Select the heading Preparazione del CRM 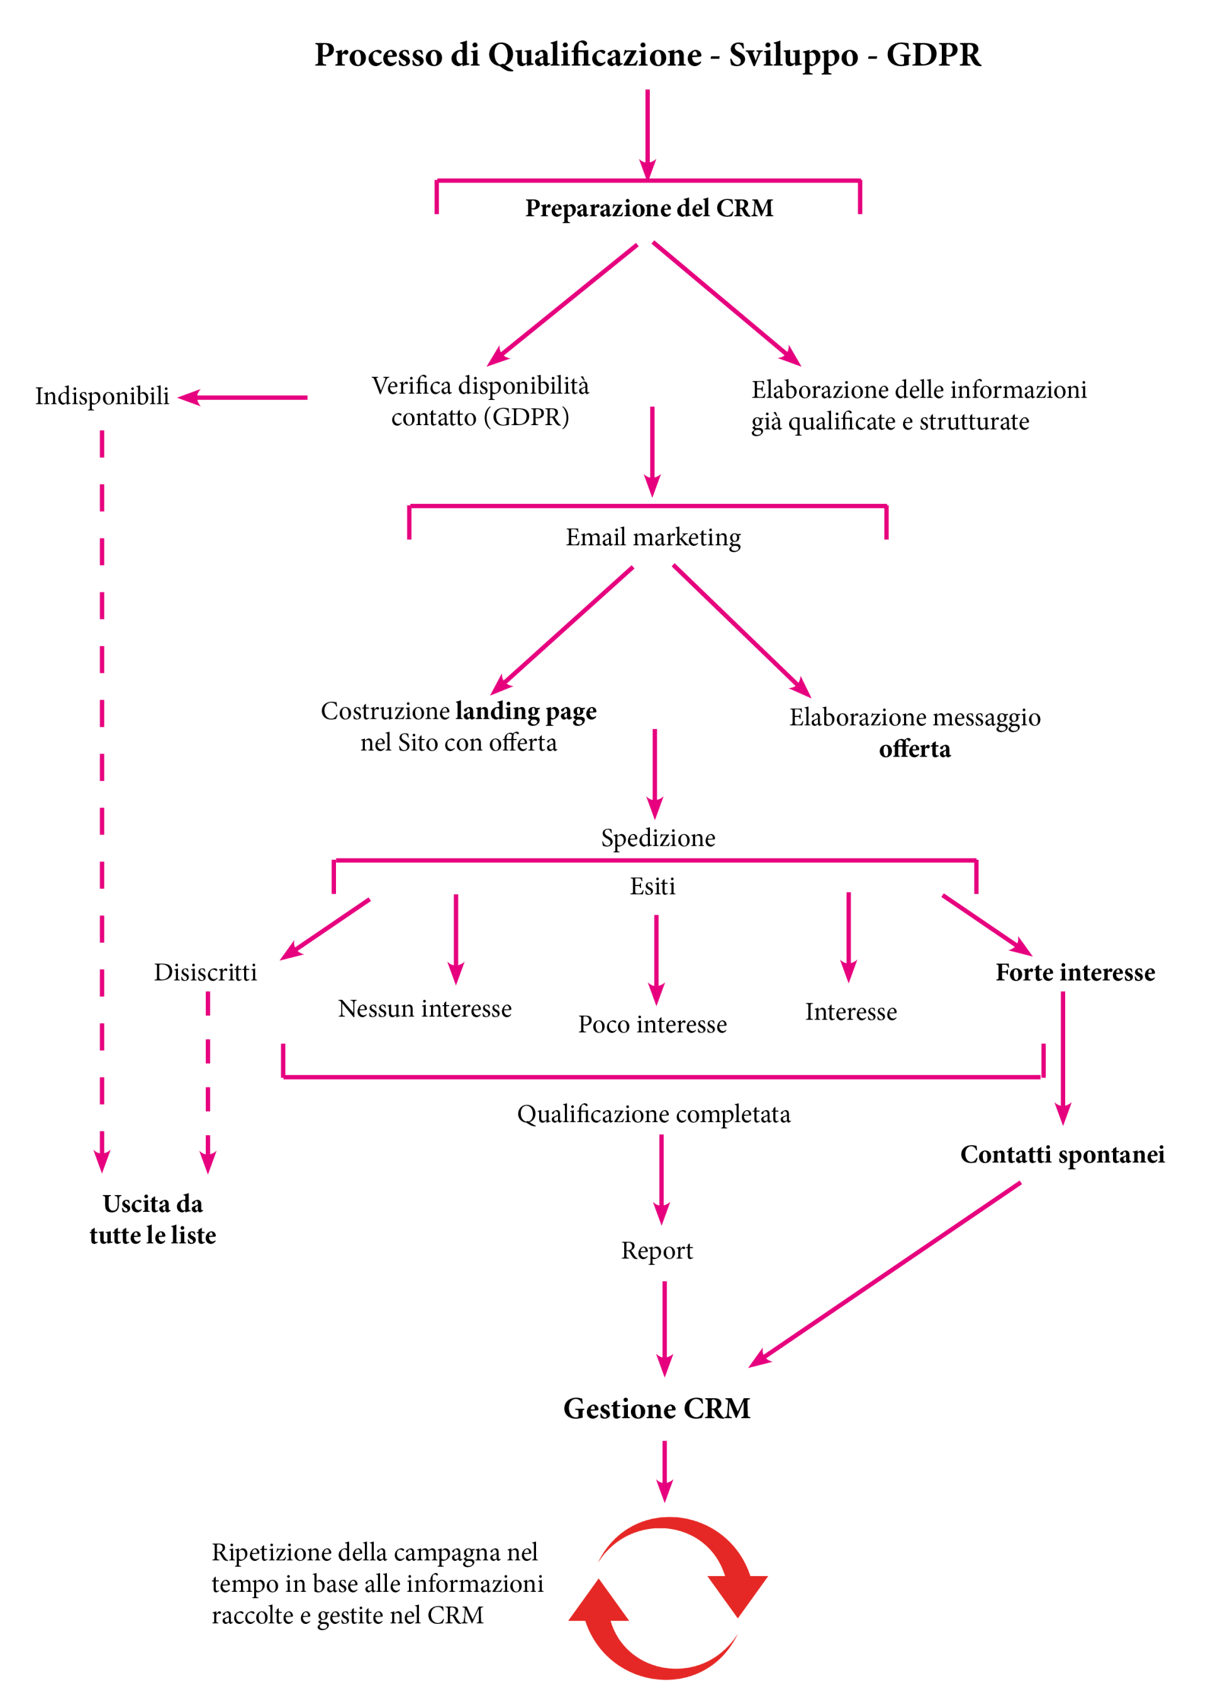point(649,208)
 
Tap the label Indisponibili point(103,397)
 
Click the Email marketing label point(653,538)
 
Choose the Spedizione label point(658,839)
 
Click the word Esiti point(652,886)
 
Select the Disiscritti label point(205,973)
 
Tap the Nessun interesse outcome point(425,1009)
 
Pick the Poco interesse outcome point(652,1025)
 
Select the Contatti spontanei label point(1062,1155)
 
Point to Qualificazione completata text point(654,1114)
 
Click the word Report point(657,1252)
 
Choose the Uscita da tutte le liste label point(152,1219)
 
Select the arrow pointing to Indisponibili point(242,398)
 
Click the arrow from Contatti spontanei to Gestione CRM point(885,1275)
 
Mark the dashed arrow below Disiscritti point(208,1083)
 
